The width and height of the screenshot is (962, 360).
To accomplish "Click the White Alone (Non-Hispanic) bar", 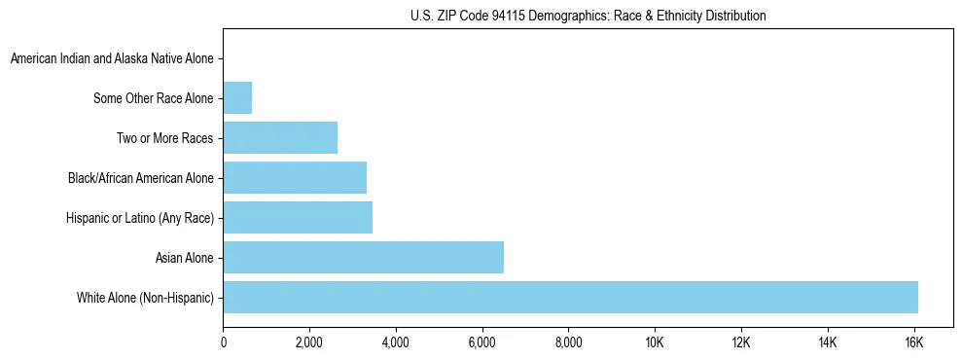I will pos(570,298).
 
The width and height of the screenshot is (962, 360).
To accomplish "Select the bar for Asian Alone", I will pos(363,258).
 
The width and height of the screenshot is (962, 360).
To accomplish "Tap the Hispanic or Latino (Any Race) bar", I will pos(298,217).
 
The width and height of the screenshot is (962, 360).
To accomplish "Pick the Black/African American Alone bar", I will pos(295,178).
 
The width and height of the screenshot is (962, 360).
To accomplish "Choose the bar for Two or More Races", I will pos(280,138).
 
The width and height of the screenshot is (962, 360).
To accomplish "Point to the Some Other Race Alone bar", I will pos(237,98).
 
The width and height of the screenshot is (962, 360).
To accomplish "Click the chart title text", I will pos(588,17).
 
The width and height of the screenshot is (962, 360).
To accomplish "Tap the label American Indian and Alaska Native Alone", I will pos(112,59).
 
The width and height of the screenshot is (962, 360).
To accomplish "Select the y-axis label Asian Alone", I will pos(184,258).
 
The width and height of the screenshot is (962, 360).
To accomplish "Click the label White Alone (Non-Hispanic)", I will pos(145,298).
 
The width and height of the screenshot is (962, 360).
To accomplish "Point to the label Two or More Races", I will pos(164,138).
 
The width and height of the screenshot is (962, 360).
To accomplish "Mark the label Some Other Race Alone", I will pos(153,98).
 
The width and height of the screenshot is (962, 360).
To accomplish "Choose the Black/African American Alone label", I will pos(140,178).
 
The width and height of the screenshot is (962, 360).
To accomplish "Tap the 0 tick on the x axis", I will pos(224,342).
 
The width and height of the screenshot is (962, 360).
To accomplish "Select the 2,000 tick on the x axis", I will pos(309,342).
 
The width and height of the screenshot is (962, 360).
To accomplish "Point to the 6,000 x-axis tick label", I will pos(481,342).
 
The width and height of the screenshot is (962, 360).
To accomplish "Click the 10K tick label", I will pos(655,342).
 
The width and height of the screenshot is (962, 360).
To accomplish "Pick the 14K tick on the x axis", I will pos(827,342).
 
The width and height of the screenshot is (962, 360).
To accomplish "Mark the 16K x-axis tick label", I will pos(913,342).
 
